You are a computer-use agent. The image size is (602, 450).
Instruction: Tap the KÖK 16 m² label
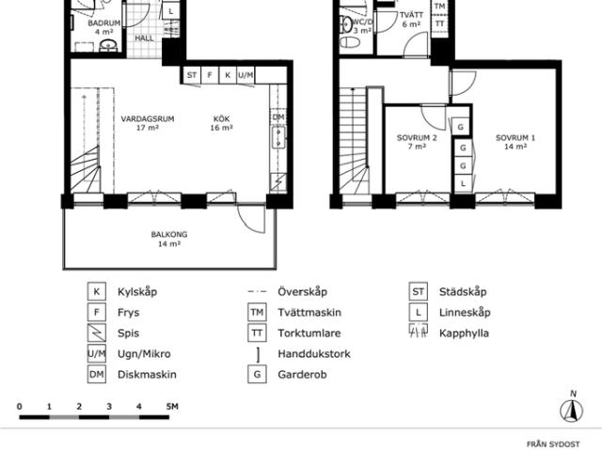[x=222, y=120]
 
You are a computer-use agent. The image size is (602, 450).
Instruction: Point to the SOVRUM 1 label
[x=515, y=139]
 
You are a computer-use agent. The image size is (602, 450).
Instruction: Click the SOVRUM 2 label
[x=417, y=139]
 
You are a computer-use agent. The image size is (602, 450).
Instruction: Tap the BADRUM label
[x=103, y=22]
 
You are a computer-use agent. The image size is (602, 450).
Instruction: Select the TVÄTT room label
[x=411, y=16]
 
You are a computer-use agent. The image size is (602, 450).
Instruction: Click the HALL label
[x=145, y=39]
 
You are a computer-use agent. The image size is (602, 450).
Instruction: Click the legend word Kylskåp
[x=137, y=292]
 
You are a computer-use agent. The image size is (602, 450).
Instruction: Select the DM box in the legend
[x=96, y=374]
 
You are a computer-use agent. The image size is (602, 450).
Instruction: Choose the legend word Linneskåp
[x=464, y=313]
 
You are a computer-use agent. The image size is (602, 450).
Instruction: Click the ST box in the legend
[x=418, y=292]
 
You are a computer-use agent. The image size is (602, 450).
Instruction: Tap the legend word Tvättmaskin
[x=308, y=313]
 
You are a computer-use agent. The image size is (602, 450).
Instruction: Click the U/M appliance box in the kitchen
[x=245, y=75]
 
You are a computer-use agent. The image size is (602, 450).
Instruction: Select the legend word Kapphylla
[x=464, y=333]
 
